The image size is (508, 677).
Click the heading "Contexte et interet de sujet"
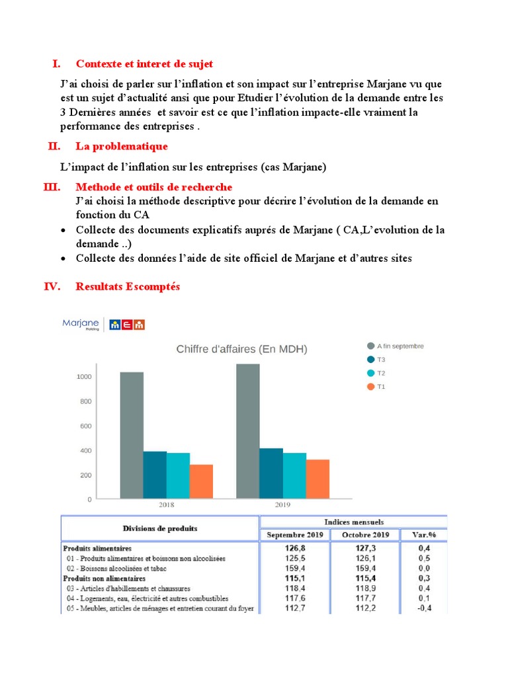tap(144, 64)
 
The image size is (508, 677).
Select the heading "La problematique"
tap(122, 146)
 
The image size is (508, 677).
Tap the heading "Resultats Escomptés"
tap(128, 287)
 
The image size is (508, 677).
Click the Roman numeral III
tap(52, 188)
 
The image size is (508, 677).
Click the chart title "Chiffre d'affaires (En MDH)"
tap(241, 349)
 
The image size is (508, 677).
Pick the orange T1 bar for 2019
tap(317, 479)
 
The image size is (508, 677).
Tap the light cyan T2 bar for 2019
tap(294, 475)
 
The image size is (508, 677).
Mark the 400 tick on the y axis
tap(85, 451)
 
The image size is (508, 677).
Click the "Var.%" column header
tap(423, 535)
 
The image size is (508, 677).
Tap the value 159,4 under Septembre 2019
tap(294, 568)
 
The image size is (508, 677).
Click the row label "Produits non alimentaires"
tap(104, 578)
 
